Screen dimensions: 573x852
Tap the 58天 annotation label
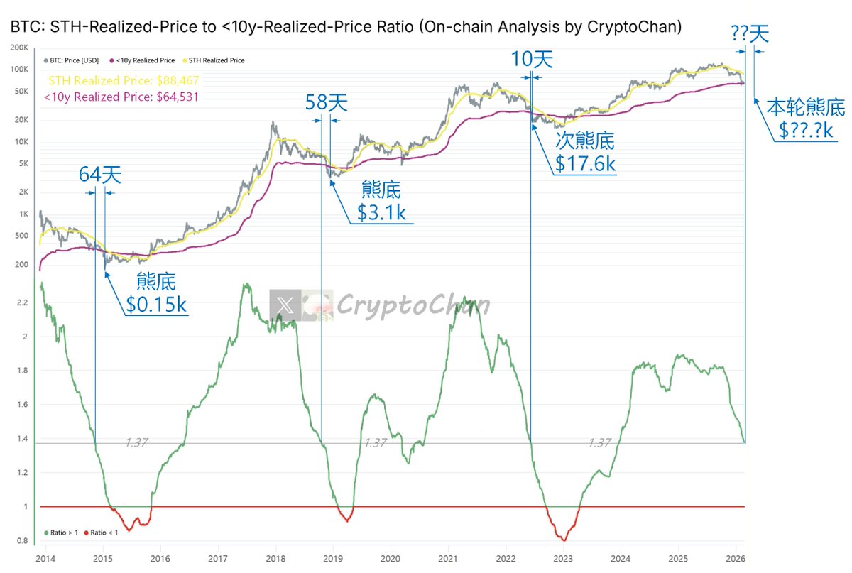pos(326,103)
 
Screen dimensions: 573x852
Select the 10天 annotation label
pos(531,59)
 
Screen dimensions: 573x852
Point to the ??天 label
pos(750,33)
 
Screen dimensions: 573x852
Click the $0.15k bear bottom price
pos(156,304)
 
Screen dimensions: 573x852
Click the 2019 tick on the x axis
pos(334,558)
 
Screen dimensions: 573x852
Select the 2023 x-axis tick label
pos(562,558)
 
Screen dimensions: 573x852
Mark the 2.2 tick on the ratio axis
pos(21,303)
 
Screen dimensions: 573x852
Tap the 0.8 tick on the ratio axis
pos(21,541)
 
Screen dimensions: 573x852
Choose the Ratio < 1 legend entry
pos(104,533)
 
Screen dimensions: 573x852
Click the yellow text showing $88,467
pos(124,81)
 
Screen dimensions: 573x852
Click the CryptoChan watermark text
pos(412,306)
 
